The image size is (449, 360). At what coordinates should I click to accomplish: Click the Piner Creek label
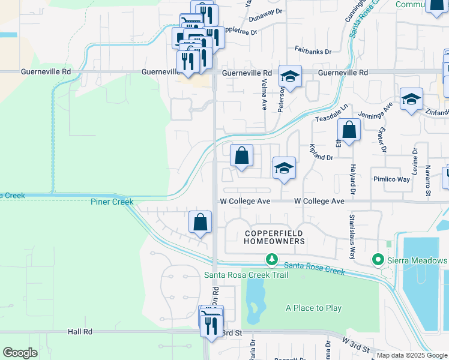pyautogui.click(x=112, y=202)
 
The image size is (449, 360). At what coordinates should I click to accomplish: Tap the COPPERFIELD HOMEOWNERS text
pyautogui.click(x=274, y=236)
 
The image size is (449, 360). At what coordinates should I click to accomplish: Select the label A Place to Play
pyautogui.click(x=313, y=308)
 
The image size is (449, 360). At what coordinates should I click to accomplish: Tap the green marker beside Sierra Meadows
pyautogui.click(x=378, y=260)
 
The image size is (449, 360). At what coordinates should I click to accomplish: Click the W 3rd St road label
pyautogui.click(x=358, y=342)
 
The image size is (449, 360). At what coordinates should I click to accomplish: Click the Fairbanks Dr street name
pyautogui.click(x=313, y=52)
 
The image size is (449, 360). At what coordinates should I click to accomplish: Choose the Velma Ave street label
pyautogui.click(x=264, y=96)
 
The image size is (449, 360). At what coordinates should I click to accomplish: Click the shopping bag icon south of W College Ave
pyautogui.click(x=200, y=222)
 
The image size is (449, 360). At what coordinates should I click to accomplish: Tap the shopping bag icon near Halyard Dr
pyautogui.click(x=349, y=129)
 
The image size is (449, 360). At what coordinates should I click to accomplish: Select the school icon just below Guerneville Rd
pyautogui.click(x=290, y=76)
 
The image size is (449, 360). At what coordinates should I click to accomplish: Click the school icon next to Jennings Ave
pyautogui.click(x=411, y=99)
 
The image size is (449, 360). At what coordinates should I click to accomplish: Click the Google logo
pyautogui.click(x=20, y=353)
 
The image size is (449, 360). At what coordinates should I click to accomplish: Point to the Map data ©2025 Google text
pyautogui.click(x=412, y=355)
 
